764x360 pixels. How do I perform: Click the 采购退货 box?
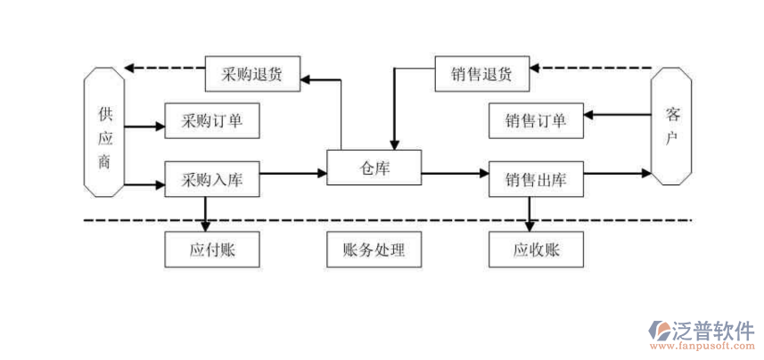(x=252, y=74)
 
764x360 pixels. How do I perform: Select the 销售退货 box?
(x=482, y=74)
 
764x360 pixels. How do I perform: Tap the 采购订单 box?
(x=212, y=120)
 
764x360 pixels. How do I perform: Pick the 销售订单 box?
(x=537, y=120)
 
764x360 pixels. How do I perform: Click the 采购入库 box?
(x=212, y=180)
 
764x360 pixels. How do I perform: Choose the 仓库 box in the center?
(x=374, y=167)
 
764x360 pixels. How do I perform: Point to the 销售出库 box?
(x=537, y=180)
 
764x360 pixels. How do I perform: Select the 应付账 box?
(x=212, y=250)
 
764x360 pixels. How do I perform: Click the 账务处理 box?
(x=374, y=250)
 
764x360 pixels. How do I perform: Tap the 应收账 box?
(x=537, y=250)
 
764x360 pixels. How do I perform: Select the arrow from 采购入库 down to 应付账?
(x=207, y=212)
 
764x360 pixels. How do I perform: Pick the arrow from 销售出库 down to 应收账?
(x=531, y=212)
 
